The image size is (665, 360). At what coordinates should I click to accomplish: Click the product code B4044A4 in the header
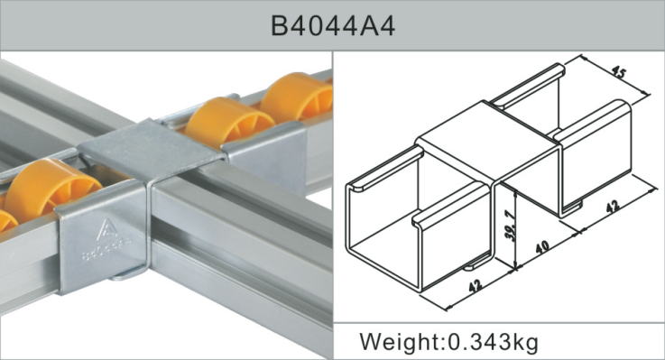pos(332,25)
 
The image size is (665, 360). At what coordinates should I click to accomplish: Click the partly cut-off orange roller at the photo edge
pos(5,220)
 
